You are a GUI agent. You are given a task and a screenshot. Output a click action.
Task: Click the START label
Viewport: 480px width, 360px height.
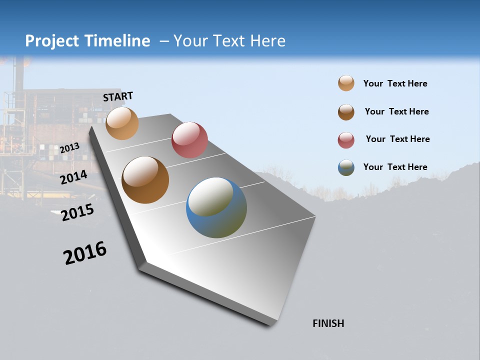[118, 96]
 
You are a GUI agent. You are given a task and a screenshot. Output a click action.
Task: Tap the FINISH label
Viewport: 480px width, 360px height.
[328, 323]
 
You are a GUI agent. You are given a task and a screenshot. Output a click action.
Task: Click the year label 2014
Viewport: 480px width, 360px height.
[73, 177]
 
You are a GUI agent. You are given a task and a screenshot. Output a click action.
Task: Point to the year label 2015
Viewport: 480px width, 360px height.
[77, 212]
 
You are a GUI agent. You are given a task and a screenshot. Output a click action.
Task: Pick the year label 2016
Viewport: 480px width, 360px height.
[85, 253]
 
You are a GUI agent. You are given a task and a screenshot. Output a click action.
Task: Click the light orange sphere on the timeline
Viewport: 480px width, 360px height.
[122, 123]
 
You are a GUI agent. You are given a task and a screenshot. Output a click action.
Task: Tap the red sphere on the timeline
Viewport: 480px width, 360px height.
[189, 140]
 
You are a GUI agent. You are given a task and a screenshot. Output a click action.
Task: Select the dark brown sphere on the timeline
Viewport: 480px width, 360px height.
[145, 180]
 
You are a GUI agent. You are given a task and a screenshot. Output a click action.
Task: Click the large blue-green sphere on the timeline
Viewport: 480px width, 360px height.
[216, 207]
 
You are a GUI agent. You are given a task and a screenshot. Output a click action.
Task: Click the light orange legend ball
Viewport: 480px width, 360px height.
[346, 83]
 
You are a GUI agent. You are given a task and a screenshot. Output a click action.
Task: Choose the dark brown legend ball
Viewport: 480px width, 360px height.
[346, 112]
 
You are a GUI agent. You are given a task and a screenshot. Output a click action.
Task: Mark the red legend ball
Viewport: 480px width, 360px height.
[346, 140]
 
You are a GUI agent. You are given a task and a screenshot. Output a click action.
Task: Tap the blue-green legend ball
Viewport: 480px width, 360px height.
[346, 167]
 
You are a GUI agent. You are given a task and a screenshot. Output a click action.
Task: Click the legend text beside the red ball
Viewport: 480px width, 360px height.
[397, 139]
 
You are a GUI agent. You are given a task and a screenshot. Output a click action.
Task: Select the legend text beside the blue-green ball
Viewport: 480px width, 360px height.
[395, 167]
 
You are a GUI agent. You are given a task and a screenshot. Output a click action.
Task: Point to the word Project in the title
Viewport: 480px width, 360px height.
[52, 41]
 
